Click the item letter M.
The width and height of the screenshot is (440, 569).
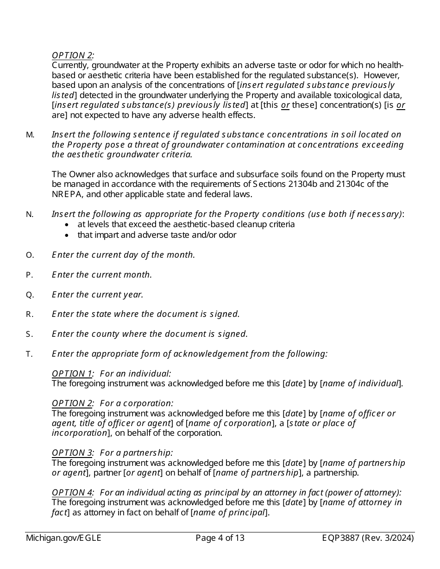tap(30, 135)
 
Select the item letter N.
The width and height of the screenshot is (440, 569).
tap(30, 215)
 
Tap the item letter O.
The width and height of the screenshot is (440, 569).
tap(30, 255)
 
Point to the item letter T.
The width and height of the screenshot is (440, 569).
tap(30, 354)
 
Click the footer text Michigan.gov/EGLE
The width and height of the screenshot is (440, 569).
tap(63, 538)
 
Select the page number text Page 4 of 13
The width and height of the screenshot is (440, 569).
tap(220, 538)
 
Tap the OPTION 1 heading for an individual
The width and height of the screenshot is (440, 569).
tap(72, 374)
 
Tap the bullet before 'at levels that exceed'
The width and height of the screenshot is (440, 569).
tap(68, 225)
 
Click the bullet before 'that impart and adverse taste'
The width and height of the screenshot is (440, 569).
tap(68, 235)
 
